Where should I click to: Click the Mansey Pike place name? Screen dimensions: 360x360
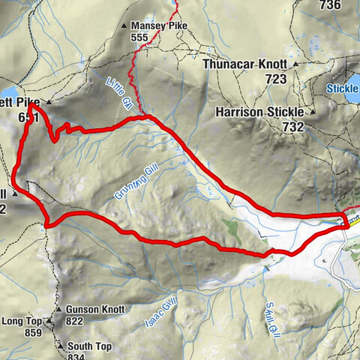(159, 25)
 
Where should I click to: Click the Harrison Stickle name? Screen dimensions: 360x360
(259, 112)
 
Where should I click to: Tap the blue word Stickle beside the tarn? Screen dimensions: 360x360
(343, 88)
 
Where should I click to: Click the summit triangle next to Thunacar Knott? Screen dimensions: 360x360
(296, 64)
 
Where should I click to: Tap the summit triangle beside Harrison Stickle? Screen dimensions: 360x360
(313, 112)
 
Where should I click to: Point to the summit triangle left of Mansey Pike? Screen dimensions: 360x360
(125, 26)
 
